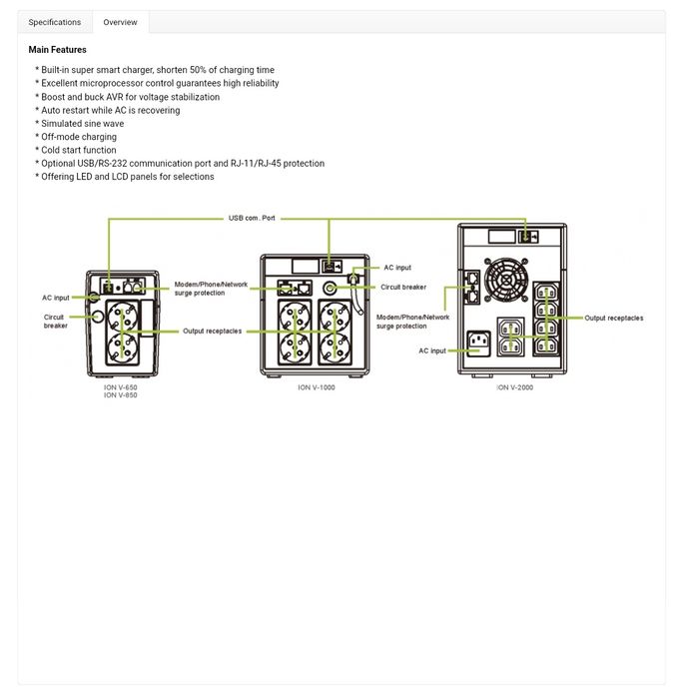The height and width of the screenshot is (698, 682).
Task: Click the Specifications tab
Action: tap(55, 22)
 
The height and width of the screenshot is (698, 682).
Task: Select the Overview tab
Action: tap(120, 22)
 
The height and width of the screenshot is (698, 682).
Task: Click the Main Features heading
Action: tap(57, 50)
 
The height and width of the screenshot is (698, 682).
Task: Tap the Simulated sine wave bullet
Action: tap(81, 124)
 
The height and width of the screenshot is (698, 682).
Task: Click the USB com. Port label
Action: tap(252, 217)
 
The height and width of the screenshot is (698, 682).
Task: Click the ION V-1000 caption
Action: tap(317, 387)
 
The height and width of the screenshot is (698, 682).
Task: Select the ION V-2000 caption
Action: tap(514, 387)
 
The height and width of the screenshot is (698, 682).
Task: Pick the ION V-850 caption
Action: tap(120, 395)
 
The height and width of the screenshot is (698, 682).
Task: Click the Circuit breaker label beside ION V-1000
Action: tap(403, 287)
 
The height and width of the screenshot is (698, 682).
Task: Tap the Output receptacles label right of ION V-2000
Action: tap(614, 319)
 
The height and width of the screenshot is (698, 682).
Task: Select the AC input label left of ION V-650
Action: tap(55, 298)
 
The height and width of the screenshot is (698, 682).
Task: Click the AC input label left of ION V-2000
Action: tap(432, 351)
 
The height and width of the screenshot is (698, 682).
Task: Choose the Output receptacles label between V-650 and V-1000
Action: tap(212, 331)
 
